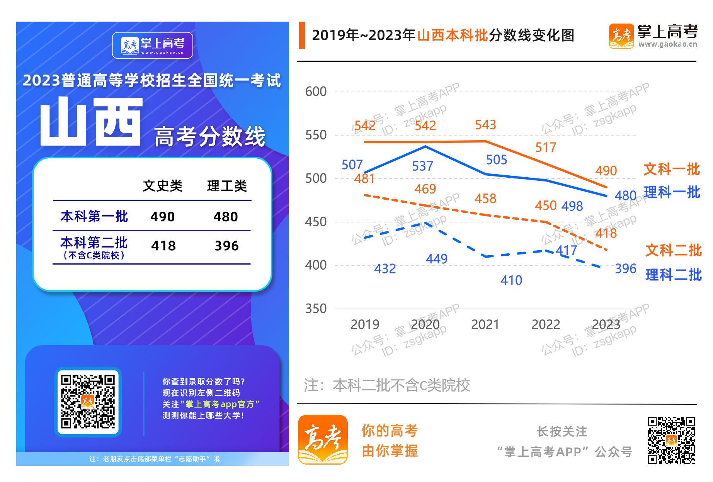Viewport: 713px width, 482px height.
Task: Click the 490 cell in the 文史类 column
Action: pos(162,217)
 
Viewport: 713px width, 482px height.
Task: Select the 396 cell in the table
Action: pos(226,246)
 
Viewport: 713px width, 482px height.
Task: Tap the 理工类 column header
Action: pos(227,186)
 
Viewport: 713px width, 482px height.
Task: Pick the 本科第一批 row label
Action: pos(94,216)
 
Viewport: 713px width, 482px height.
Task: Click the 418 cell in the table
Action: pos(163,246)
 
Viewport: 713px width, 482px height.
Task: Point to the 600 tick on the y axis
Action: pos(316,92)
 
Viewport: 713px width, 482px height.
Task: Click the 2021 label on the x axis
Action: pos(485,324)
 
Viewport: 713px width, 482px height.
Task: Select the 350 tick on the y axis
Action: pos(316,309)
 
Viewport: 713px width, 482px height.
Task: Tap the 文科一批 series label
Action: pos(672,169)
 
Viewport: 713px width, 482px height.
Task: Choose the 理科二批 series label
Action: pos(673,275)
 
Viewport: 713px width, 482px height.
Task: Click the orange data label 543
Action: pos(485,125)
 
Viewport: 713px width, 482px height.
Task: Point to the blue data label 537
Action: pos(422,166)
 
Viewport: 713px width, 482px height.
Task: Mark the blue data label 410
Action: pos(511,280)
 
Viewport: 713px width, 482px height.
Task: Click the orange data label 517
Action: pos(546,147)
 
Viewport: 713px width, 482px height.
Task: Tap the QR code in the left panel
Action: pos(88,402)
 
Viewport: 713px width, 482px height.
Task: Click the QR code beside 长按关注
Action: pos(671,440)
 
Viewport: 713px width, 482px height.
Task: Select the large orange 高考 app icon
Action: pos(323,440)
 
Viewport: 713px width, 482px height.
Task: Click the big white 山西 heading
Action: pos(92,121)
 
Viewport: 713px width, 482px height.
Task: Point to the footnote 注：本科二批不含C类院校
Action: pos(387,385)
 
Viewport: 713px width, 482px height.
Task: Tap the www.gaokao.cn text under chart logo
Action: pos(667,44)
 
